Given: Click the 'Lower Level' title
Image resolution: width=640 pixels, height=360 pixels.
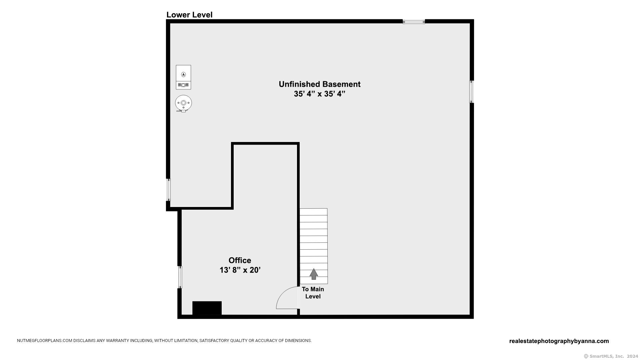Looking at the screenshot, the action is pos(189,15).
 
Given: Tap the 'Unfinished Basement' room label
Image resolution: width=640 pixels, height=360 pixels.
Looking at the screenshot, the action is pos(320,84).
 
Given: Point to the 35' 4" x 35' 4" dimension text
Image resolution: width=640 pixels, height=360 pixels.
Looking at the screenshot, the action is pos(319,94).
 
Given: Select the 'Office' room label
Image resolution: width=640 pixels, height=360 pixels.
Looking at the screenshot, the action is pos(240,260).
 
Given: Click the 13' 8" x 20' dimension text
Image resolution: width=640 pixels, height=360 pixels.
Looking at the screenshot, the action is pos(240,270).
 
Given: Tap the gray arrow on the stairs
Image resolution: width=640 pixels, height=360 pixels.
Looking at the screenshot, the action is pos(313,274).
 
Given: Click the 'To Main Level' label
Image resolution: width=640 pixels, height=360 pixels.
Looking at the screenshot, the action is pos(313,293).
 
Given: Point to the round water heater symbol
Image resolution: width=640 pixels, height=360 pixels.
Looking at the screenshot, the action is pos(183,103).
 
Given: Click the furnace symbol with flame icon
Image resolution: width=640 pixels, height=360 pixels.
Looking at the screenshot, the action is pos(183,77).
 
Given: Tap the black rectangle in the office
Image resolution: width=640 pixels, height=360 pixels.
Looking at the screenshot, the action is pos(207,308).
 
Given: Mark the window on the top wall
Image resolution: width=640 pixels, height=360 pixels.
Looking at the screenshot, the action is pos(414,22).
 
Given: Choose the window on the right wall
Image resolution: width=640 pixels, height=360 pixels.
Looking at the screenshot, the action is pos(472,92).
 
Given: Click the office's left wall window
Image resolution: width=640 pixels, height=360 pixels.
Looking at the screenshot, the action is pos(180,277).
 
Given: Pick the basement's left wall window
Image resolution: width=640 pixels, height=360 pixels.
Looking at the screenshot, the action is pos(168,190).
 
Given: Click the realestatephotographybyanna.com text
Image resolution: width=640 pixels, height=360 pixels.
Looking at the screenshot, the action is pos(559,341).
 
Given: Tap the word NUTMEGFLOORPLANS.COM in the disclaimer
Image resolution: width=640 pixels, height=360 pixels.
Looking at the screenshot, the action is pos(45,341).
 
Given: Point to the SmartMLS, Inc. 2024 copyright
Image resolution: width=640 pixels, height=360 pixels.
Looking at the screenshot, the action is pos(606,356).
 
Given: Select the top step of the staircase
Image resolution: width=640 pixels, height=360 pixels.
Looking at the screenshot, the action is pos(313,212).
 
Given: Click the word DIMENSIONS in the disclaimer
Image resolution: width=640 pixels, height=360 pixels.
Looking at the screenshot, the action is pos(298,341).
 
